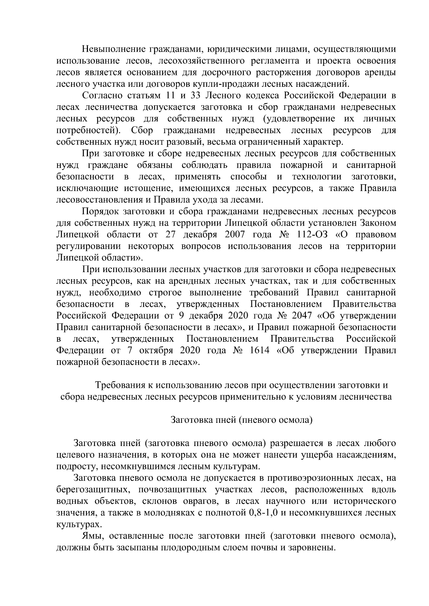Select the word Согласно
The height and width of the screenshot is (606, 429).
102,96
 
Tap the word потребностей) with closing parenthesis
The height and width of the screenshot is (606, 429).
89,130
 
